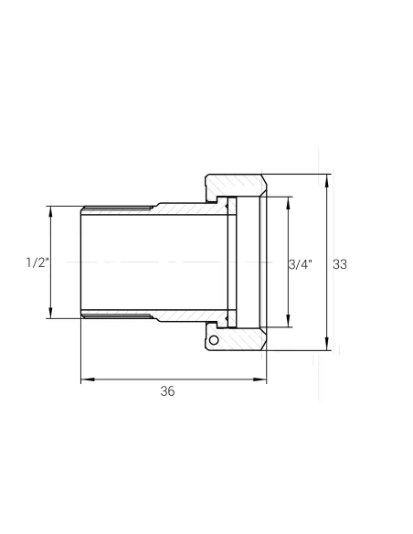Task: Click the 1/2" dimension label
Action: tap(37, 262)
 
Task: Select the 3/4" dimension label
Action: tap(301, 264)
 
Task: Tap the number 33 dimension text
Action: tap(340, 264)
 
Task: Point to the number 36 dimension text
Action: tap(167, 391)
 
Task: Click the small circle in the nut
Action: tap(214, 340)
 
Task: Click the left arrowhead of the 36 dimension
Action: tap(88, 379)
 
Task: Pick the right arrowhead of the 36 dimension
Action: tap(259, 379)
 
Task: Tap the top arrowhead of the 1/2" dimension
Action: tap(50, 212)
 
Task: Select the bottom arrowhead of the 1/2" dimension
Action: tap(50, 313)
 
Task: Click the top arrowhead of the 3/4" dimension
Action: tap(288, 203)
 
